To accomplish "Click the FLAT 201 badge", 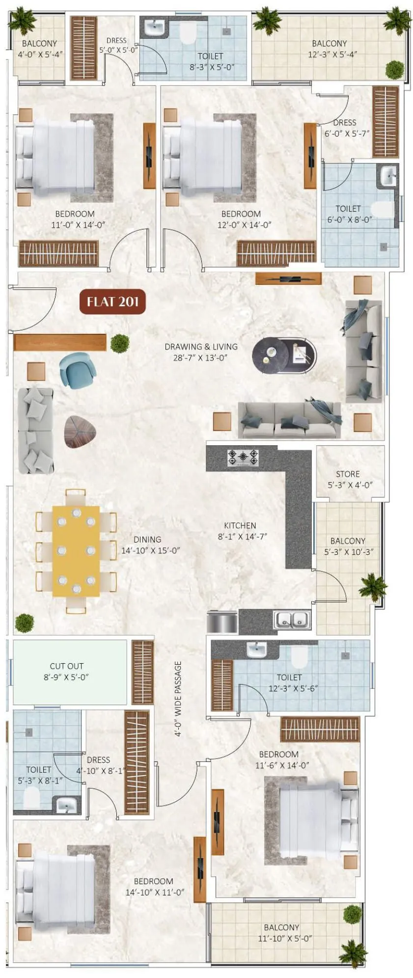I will click(112, 301).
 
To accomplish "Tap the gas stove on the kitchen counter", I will click(243, 458).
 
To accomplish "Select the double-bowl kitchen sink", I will click(293, 620).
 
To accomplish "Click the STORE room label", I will click(348, 474).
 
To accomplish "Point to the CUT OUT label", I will click(66, 666).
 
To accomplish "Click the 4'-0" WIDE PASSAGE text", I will click(178, 699).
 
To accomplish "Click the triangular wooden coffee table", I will click(80, 432).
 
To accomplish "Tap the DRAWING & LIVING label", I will click(201, 347).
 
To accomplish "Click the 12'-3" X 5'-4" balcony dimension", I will click(332, 54).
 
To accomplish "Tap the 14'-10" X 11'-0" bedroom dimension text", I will click(154, 892).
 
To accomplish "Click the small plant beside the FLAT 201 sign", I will click(119, 343).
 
